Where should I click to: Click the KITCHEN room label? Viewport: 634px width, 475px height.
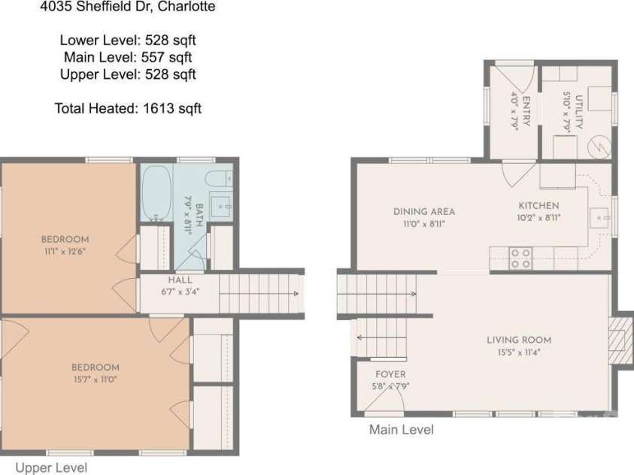click(x=538, y=206)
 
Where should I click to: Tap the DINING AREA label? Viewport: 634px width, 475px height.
click(x=423, y=212)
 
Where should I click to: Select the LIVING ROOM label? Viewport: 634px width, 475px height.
click(x=519, y=340)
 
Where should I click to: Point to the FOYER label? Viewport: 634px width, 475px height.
click(x=390, y=374)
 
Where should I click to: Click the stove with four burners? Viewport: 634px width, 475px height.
click(x=520, y=258)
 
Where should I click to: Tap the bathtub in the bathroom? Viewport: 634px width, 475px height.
click(x=156, y=193)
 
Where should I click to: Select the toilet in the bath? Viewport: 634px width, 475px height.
click(x=219, y=179)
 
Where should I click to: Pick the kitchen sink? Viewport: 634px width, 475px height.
click(x=599, y=218)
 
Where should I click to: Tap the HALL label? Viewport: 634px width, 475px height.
click(x=180, y=280)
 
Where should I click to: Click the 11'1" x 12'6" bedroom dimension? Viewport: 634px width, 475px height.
click(x=65, y=251)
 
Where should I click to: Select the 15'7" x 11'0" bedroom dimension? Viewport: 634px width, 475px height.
click(x=96, y=380)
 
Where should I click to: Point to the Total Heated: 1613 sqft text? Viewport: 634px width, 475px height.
click(x=128, y=108)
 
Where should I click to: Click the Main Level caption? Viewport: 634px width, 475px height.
click(x=401, y=429)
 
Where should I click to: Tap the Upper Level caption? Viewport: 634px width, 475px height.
click(x=51, y=467)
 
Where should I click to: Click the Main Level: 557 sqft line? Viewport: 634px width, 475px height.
click(x=128, y=57)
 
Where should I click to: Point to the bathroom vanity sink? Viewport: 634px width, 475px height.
click(x=221, y=207)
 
